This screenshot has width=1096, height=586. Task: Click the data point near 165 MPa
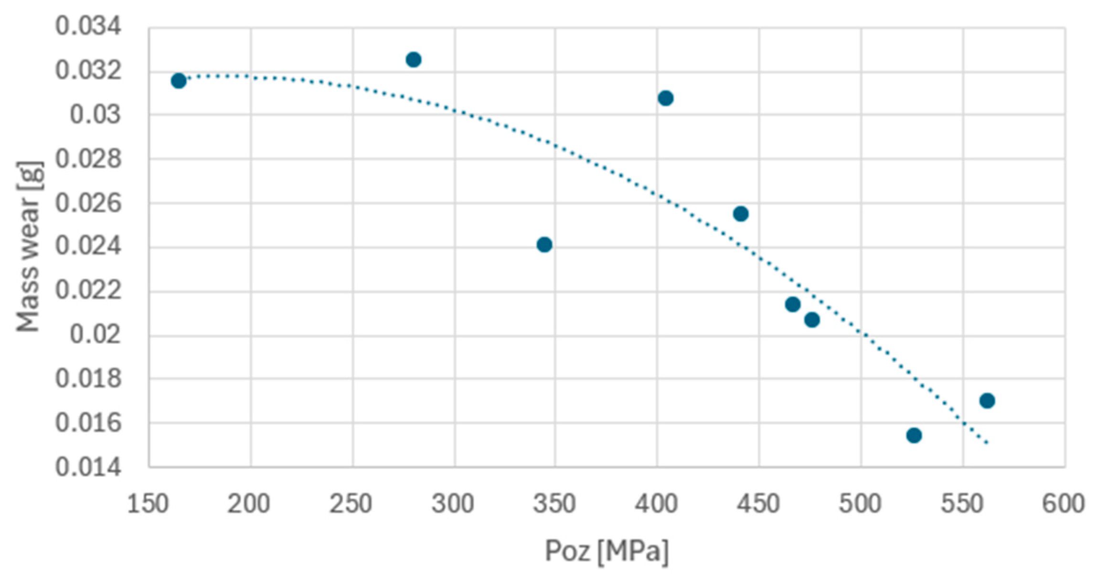click(179, 81)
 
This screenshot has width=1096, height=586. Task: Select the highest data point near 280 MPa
click(414, 60)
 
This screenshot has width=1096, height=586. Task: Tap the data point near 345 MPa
click(544, 245)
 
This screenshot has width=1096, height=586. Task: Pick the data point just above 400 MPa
click(666, 98)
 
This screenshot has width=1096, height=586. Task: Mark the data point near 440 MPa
click(741, 214)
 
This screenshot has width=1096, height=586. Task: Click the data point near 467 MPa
click(793, 304)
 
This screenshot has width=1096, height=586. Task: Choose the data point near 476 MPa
click(812, 320)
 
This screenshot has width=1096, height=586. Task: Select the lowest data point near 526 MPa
click(914, 435)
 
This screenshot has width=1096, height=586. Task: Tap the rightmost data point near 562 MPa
click(987, 401)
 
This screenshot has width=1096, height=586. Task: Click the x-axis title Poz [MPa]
click(607, 551)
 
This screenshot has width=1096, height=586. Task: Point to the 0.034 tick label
click(88, 26)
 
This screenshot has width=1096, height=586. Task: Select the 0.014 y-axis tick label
click(88, 467)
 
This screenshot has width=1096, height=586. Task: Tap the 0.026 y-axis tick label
click(88, 203)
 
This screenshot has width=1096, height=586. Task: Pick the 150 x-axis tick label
click(148, 504)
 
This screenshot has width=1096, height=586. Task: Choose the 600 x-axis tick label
click(1063, 504)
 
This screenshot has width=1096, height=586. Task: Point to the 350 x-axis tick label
click(555, 504)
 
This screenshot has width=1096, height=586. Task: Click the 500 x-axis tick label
click(861, 504)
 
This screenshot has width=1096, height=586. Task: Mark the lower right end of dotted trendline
click(987, 443)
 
